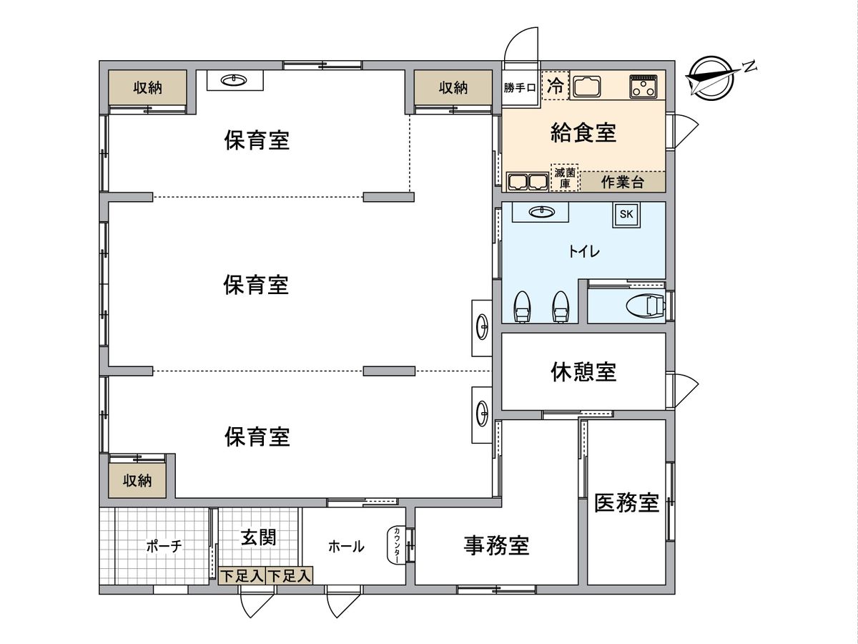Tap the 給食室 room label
pos(583,132)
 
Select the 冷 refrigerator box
pos(555,86)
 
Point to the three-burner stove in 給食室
pos(643,86)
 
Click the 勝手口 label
pos(520,88)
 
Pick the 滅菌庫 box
pos(564,177)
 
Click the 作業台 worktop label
pos(622,182)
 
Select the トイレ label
pos(583,252)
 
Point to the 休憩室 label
pos(583,371)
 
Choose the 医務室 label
pos(626,503)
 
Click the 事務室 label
pos(496,546)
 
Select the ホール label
pos(346,547)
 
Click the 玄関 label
pos(257,537)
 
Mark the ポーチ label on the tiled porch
pos(164,547)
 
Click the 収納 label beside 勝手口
pos(453,88)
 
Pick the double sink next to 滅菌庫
pos(527,182)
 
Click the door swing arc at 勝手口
pos(520,43)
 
